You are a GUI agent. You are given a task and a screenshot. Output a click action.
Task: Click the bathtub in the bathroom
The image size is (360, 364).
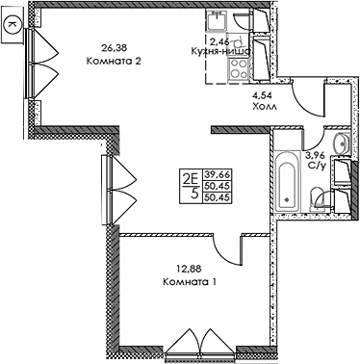[287, 181]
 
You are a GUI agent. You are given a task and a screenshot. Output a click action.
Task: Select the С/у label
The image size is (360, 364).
[314, 164]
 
